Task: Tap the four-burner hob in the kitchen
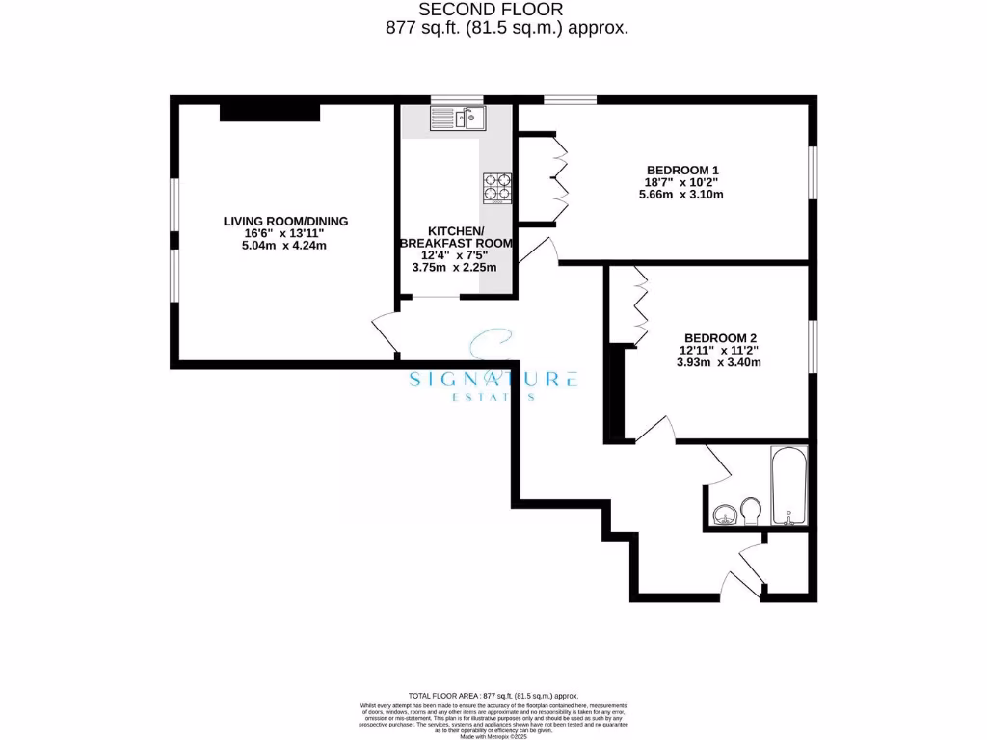497,188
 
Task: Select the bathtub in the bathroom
788,487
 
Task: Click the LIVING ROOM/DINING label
285,221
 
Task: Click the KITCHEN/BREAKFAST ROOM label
456,237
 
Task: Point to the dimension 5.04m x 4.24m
285,246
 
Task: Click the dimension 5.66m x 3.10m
681,195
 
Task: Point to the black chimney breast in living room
270,112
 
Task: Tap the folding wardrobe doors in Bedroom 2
639,305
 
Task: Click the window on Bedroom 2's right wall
811,345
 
